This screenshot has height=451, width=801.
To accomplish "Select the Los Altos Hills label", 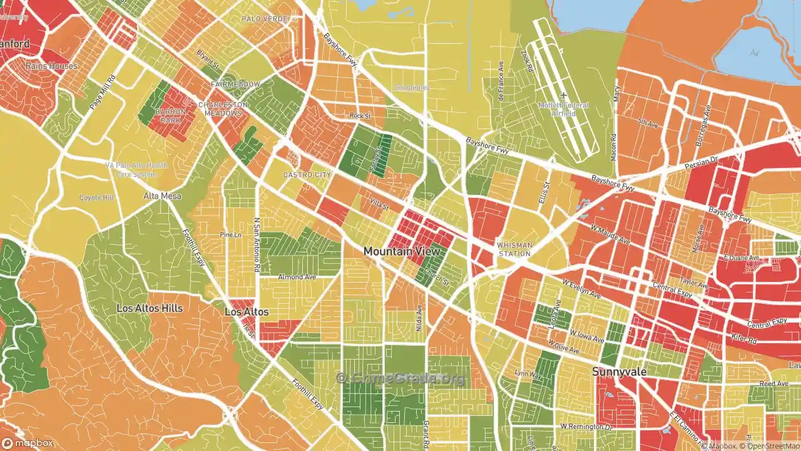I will [150, 308].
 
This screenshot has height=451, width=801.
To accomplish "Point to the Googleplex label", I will [412, 88].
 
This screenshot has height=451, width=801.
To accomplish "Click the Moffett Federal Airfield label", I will [563, 109].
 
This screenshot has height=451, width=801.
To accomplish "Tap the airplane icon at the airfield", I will [563, 95].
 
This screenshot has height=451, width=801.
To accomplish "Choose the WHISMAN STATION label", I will [515, 249].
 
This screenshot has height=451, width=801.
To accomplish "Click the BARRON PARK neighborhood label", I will [170, 115].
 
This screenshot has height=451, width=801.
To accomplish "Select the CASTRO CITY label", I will [307, 175].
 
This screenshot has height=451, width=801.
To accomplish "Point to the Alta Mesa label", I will [162, 196].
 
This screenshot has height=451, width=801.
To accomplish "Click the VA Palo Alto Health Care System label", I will [136, 170].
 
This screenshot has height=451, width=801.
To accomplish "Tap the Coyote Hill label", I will [96, 198].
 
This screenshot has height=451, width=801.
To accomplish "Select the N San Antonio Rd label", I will [257, 245].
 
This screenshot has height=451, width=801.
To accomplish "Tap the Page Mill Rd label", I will [103, 93].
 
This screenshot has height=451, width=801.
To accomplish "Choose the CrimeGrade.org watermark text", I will [400, 378].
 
